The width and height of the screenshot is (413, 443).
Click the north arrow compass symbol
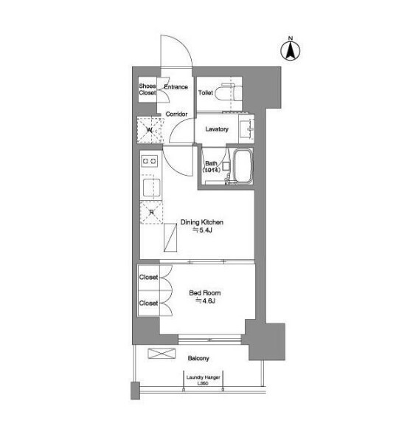[291, 50]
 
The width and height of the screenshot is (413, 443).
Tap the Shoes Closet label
[147, 89]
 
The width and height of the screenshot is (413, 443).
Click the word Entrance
[176, 87]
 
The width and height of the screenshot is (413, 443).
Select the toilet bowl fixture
[228, 92]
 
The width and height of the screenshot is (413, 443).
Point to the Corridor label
[176, 114]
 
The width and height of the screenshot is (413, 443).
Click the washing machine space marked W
[150, 130]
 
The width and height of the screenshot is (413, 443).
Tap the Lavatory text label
[217, 129]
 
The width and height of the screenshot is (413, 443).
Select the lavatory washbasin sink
[246, 128]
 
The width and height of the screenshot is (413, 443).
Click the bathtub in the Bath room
[243, 166]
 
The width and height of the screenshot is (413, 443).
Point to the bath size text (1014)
[211, 170]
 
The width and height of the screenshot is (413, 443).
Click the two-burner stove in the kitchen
[150, 161]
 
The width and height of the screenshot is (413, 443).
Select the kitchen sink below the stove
[151, 188]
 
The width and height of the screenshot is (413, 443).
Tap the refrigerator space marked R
[152, 213]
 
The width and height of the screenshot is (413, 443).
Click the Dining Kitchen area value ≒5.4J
[202, 230]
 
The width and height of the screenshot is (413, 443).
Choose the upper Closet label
[148, 277]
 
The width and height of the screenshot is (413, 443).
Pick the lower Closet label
[148, 303]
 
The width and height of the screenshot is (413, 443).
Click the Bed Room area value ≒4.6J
[206, 301]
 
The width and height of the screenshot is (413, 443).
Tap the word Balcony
[198, 358]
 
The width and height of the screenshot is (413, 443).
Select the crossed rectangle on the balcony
[162, 354]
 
